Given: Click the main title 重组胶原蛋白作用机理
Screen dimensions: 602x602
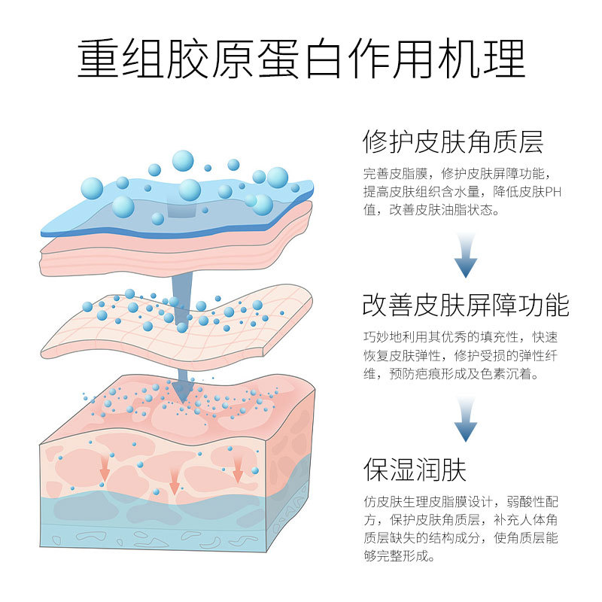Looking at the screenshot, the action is click(x=301, y=59).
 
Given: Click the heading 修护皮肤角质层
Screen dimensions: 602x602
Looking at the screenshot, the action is click(x=453, y=141).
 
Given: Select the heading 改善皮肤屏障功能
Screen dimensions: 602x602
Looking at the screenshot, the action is click(x=466, y=306).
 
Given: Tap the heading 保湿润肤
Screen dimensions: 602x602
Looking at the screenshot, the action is click(x=415, y=469).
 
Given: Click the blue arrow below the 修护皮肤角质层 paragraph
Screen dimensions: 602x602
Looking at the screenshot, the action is click(x=466, y=254).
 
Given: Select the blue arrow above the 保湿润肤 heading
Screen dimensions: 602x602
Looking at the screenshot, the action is click(x=466, y=419).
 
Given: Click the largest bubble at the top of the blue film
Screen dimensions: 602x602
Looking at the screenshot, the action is click(x=183, y=161).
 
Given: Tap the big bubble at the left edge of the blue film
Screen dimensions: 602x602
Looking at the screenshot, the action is click(x=92, y=189).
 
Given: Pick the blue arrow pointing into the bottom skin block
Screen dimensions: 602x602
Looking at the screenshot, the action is click(x=182, y=386).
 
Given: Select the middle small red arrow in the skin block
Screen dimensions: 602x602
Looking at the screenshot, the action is click(x=175, y=482).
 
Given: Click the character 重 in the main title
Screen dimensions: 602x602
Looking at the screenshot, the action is click(x=98, y=59).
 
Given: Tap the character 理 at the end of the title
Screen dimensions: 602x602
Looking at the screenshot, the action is click(x=504, y=59).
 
